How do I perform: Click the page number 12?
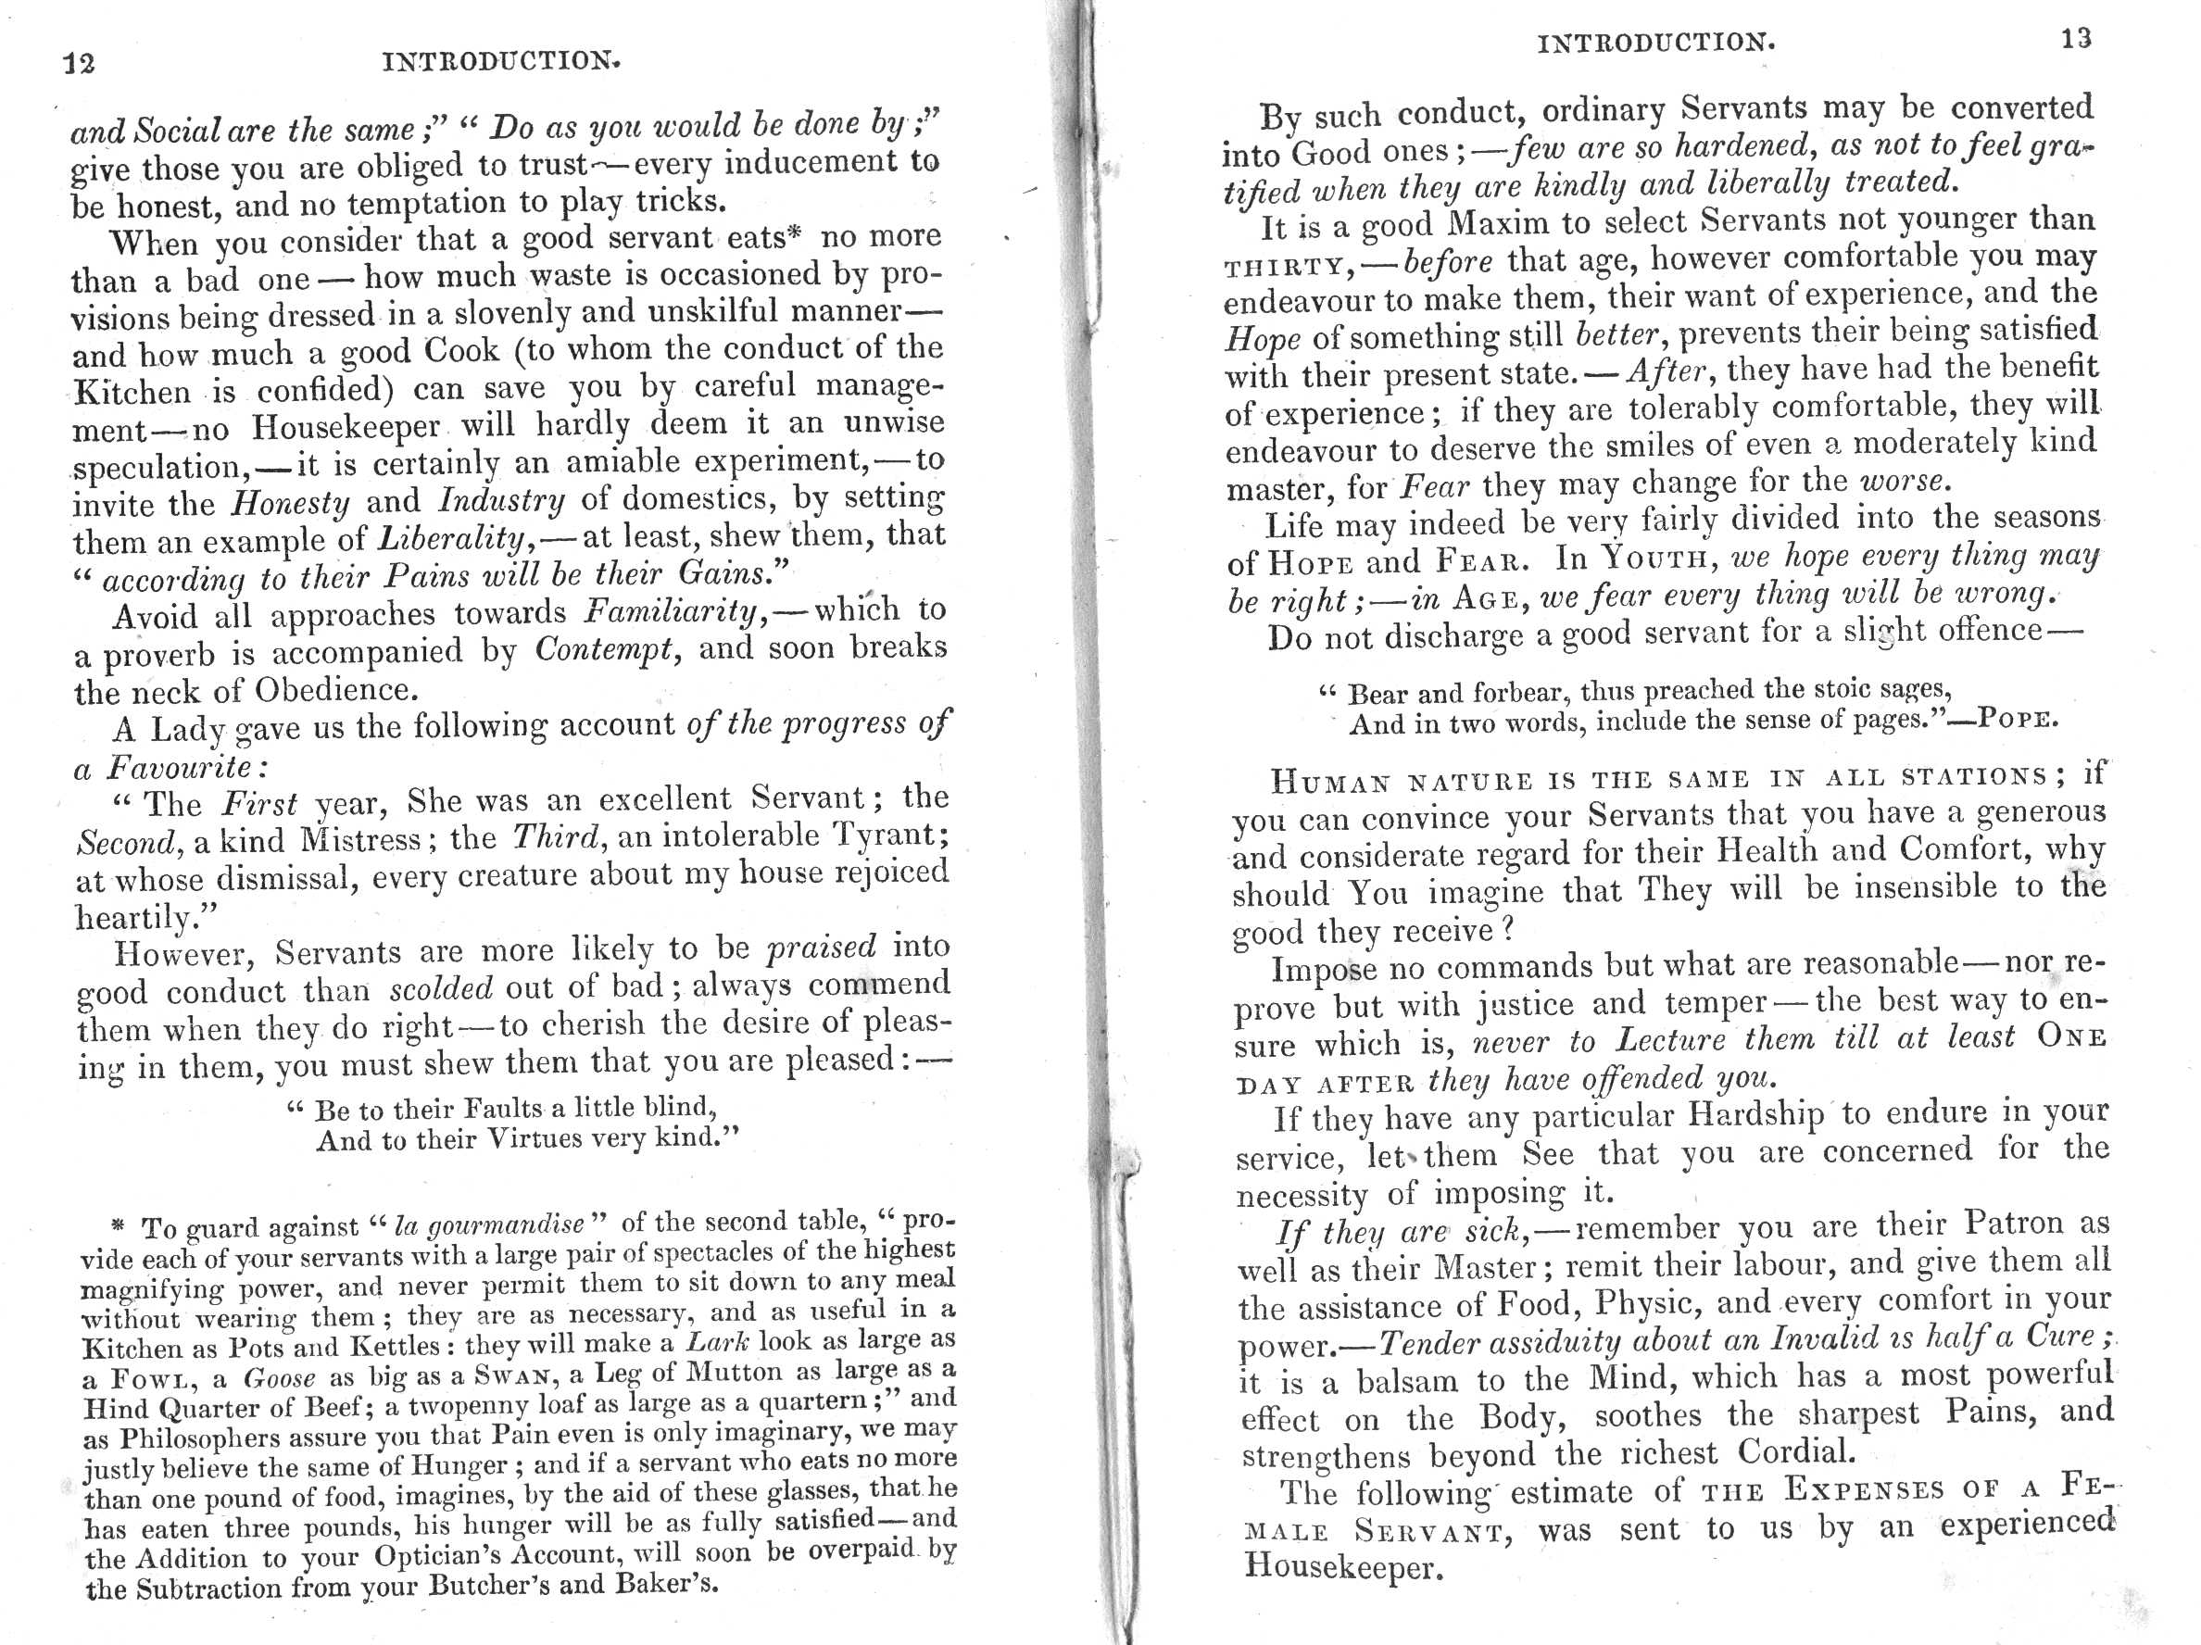tap(79, 64)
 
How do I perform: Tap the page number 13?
tap(2077, 39)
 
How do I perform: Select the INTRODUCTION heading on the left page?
tap(501, 62)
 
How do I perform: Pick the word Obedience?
tap(333, 691)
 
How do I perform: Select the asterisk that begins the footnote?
tap(118, 1226)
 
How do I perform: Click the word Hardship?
tap(1755, 1113)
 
